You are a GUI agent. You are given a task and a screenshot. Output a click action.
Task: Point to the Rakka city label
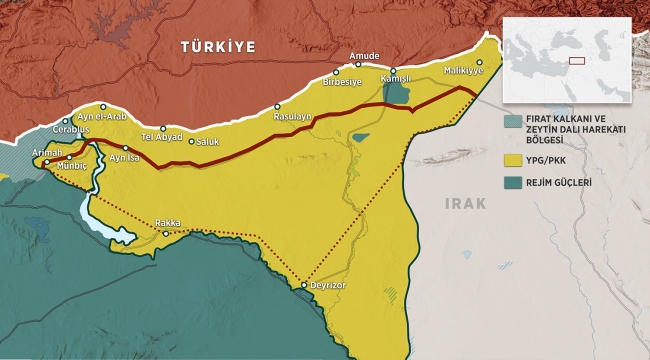click(168, 224)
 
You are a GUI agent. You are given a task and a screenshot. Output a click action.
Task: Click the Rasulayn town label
click(293, 117)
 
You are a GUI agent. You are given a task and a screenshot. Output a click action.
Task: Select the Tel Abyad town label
click(160, 137)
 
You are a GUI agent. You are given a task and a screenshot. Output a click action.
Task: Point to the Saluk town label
click(207, 142)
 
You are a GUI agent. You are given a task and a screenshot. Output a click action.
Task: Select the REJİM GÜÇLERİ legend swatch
click(512, 181)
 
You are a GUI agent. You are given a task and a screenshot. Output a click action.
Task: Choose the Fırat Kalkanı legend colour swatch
click(512, 121)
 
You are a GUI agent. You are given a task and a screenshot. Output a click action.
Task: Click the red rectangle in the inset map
click(576, 59)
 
